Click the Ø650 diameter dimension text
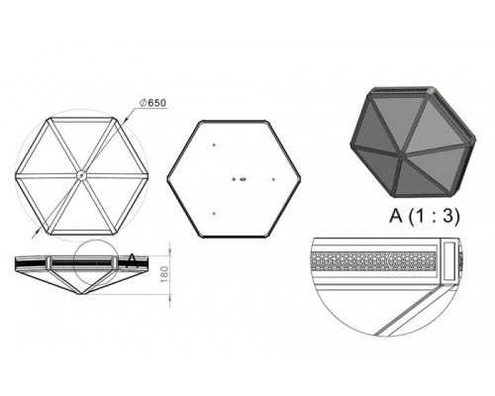click(x=152, y=103)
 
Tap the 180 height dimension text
click(x=164, y=274)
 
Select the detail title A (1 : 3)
click(x=424, y=216)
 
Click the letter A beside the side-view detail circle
click(x=132, y=260)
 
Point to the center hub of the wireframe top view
click(x=81, y=175)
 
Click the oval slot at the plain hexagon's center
click(x=243, y=179)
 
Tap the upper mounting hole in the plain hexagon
click(x=214, y=145)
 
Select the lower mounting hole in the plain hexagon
click(x=214, y=214)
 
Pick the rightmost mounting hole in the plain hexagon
click(x=273, y=179)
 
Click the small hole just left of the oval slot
click(x=234, y=179)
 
